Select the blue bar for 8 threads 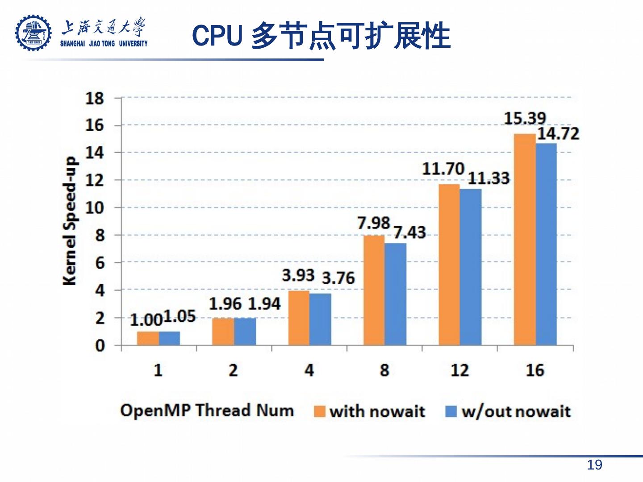pyautogui.click(x=396, y=294)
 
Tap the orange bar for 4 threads pyautogui.click(x=299, y=318)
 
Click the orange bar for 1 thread pyautogui.click(x=148, y=338)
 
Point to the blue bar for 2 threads pyautogui.click(x=245, y=332)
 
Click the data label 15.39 pyautogui.click(x=525, y=118)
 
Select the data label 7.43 pyautogui.click(x=409, y=233)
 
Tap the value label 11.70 pyautogui.click(x=443, y=169)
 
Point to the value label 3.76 pyautogui.click(x=338, y=278)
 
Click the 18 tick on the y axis pyautogui.click(x=95, y=98)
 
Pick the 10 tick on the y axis pyautogui.click(x=95, y=208)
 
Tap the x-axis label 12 pyautogui.click(x=459, y=370)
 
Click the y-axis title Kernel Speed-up pyautogui.click(x=70, y=221)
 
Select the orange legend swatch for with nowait pyautogui.click(x=320, y=411)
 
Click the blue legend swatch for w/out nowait pyautogui.click(x=451, y=411)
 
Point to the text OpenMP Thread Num pyautogui.click(x=207, y=410)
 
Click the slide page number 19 pyautogui.click(x=594, y=465)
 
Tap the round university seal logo pyautogui.click(x=33, y=33)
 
